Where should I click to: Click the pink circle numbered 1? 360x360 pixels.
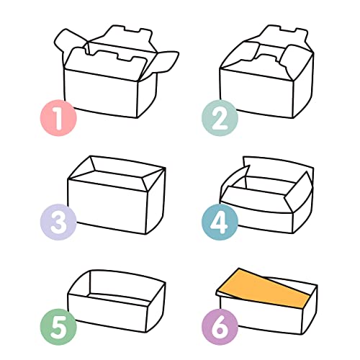pos(58,118)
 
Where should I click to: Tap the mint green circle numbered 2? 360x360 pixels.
pos(220,118)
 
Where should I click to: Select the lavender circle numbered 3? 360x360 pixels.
pos(58,222)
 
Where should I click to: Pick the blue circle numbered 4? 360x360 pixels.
pos(220,222)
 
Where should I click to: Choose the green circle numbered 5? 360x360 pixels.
pos(58,327)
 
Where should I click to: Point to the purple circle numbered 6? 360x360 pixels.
pos(220,327)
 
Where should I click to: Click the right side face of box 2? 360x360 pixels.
pos(303,86)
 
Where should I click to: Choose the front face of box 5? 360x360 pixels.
pos(107,312)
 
